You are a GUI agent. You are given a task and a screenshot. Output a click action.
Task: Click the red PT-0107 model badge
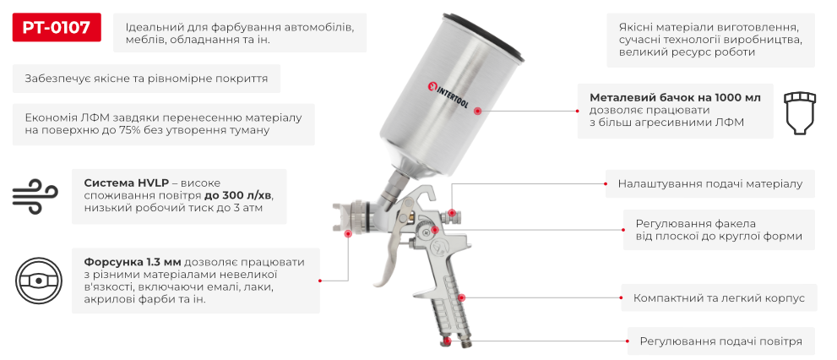pos(57,28)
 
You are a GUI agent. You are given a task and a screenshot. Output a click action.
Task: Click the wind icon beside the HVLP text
pos(33,196)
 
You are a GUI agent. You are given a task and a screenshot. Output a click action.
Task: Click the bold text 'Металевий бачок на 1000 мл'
pos(674,98)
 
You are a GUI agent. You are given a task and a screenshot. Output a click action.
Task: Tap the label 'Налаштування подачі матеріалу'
pos(710,183)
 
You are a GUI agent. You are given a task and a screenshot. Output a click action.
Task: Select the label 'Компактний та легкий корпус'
pos(719,298)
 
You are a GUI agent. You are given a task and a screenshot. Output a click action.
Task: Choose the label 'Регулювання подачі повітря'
pos(720,341)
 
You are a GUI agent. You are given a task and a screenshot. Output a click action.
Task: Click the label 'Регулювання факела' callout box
pos(719,230)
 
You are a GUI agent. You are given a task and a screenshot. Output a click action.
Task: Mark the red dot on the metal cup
pos(477,111)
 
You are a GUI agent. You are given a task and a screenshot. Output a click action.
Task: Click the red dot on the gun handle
pos(462,298)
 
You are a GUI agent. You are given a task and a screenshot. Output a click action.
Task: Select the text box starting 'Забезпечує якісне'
pos(147,79)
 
